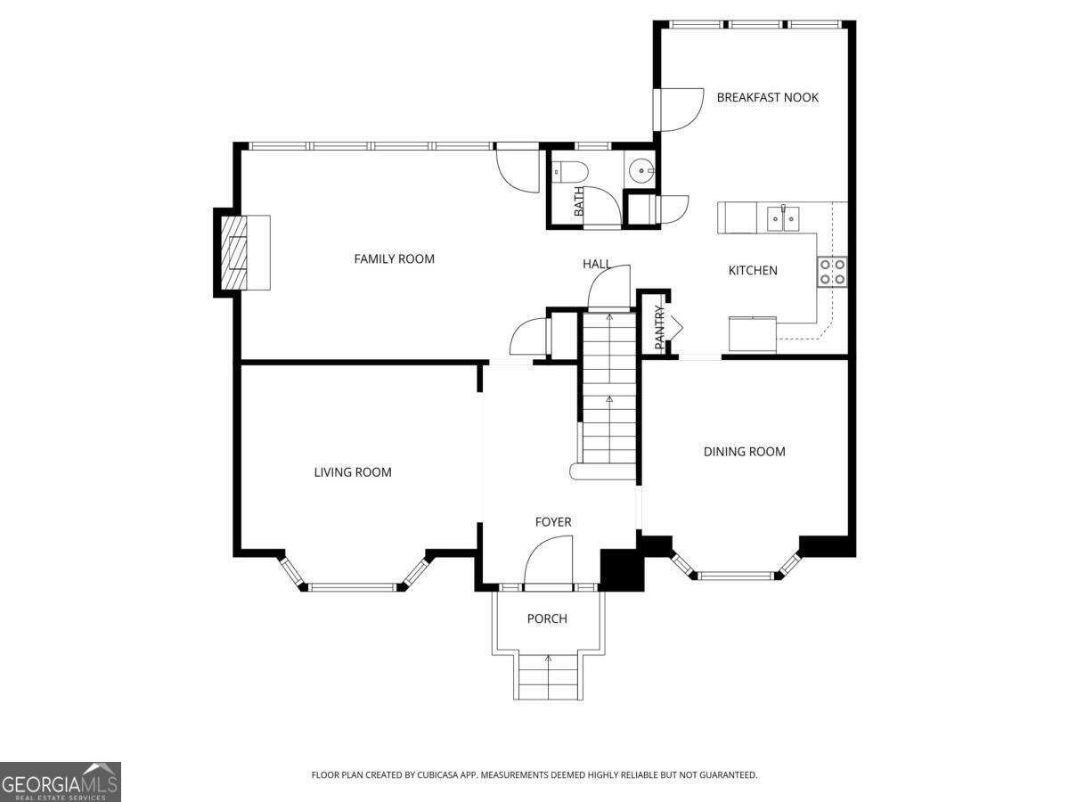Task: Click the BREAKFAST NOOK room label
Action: click(767, 97)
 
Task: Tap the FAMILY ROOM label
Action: click(394, 259)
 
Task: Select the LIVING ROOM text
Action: click(353, 472)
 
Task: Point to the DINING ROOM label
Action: click(744, 452)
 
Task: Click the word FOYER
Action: click(552, 522)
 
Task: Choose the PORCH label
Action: click(546, 618)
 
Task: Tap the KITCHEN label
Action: click(753, 270)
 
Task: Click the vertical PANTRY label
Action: click(660, 327)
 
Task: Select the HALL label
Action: click(596, 264)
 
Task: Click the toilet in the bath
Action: click(567, 170)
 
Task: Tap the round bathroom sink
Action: click(641, 169)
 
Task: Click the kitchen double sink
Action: click(783, 217)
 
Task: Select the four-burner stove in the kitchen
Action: click(832, 272)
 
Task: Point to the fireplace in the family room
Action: click(237, 253)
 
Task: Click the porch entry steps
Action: click(548, 677)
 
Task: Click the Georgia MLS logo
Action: click(60, 782)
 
